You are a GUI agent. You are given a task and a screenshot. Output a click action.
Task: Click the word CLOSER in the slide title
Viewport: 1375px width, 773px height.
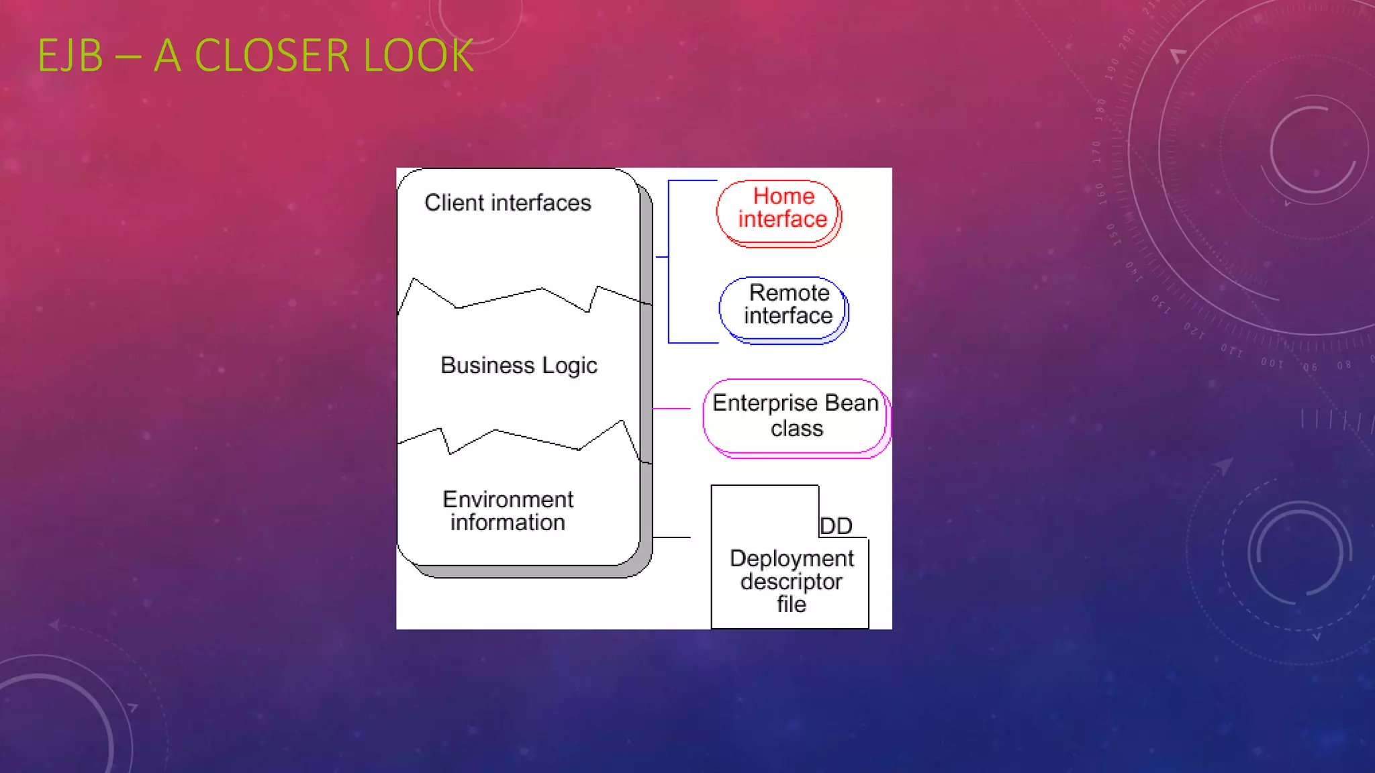tap(272, 56)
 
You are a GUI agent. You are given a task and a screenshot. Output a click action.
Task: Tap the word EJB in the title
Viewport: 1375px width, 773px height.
tap(70, 56)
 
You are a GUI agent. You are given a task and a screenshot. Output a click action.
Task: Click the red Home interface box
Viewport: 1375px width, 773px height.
tap(779, 213)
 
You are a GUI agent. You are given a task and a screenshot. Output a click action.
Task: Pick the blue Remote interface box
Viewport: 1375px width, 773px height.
tap(784, 310)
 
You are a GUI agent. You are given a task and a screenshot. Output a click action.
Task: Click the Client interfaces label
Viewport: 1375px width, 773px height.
tap(508, 203)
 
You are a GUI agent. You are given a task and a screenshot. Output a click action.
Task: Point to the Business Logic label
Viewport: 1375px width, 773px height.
tap(518, 366)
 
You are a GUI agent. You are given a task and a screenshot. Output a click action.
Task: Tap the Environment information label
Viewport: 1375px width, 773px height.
tap(508, 511)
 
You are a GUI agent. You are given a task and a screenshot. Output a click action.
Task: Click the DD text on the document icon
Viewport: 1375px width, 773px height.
tap(836, 526)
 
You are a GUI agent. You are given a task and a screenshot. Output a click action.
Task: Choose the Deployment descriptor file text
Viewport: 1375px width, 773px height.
tap(792, 581)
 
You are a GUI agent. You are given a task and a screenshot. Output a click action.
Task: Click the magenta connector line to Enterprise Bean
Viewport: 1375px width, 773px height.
tap(671, 408)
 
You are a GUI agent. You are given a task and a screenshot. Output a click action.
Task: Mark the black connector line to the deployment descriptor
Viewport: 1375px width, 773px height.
tap(671, 537)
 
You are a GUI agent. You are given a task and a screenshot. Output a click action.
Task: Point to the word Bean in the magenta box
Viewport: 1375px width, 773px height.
tap(851, 403)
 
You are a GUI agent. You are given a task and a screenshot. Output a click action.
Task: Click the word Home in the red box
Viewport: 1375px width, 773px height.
tap(784, 196)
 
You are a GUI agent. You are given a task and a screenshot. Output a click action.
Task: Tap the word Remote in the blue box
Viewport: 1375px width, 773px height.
tap(789, 293)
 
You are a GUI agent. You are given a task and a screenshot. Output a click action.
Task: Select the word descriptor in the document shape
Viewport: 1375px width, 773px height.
tap(792, 582)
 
